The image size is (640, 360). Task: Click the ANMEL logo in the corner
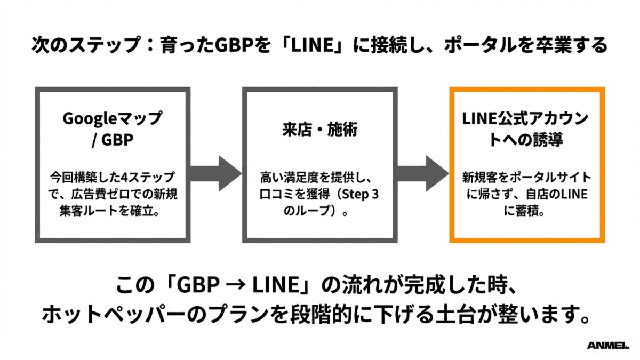click(609, 346)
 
